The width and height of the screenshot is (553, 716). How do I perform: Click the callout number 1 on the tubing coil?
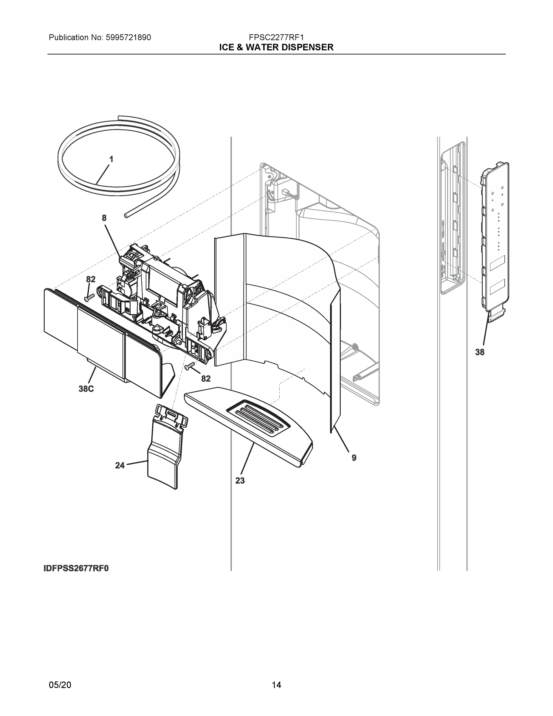pyautogui.click(x=111, y=159)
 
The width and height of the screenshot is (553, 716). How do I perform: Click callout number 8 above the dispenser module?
pyautogui.click(x=104, y=218)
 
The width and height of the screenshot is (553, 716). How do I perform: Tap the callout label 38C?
pyautogui.click(x=86, y=389)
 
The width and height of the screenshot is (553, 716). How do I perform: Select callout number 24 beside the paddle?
pyautogui.click(x=120, y=465)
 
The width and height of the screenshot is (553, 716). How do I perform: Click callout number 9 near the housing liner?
pyautogui.click(x=354, y=458)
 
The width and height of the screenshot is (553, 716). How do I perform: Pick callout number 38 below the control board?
pyautogui.click(x=480, y=352)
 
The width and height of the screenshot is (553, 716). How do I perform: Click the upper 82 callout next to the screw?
pyautogui.click(x=91, y=279)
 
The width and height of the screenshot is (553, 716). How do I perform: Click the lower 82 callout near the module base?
pyautogui.click(x=205, y=379)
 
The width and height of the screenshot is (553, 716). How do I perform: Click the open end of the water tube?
pyautogui.click(x=126, y=215)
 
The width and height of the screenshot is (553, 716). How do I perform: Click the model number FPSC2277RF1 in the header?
pyautogui.click(x=276, y=37)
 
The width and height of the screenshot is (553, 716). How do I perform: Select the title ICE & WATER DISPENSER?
pyautogui.click(x=276, y=47)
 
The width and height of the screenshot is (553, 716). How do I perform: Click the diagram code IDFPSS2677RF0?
pyautogui.click(x=76, y=568)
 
